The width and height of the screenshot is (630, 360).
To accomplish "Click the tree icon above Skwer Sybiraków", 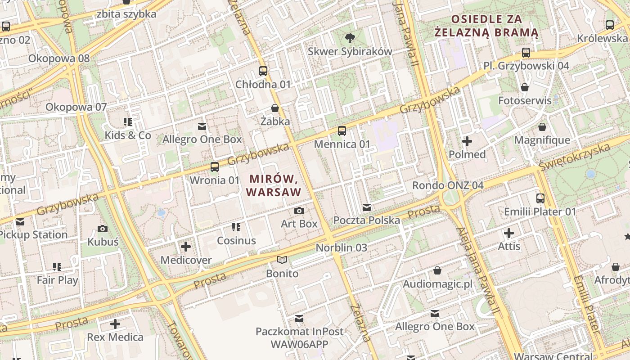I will point(350,38).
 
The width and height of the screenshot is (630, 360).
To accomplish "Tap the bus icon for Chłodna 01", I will point(263,71).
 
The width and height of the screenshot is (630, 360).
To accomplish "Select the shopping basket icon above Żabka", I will point(275,108).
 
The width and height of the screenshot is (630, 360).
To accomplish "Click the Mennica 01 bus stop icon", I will point(342,131).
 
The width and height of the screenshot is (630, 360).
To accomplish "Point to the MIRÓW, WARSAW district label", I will point(274,185).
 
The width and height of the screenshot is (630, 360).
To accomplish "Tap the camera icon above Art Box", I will point(299,211).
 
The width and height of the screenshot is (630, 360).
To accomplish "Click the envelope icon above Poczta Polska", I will point(367,207).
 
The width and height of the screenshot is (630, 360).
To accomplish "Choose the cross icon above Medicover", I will point(186,247).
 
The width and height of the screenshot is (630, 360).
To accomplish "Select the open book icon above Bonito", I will point(282,260).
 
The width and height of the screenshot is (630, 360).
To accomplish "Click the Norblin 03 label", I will point(341,247).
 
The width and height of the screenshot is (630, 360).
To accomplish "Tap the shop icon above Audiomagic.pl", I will point(437,270).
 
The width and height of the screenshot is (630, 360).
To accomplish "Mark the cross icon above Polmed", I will point(467,141).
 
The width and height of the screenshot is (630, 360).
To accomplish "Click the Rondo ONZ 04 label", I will point(448,185).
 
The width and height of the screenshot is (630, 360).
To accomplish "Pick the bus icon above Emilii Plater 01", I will point(540,198).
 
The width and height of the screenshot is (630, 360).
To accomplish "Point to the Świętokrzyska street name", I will point(580,157).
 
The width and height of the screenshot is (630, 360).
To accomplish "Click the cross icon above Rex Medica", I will point(115,324).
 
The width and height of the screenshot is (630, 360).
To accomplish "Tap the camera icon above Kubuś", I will point(103,229).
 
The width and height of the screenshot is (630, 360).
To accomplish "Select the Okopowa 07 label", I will point(76,107).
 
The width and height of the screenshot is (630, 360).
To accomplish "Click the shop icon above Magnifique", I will point(542,127).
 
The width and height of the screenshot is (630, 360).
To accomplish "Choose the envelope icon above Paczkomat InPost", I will point(299,319).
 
